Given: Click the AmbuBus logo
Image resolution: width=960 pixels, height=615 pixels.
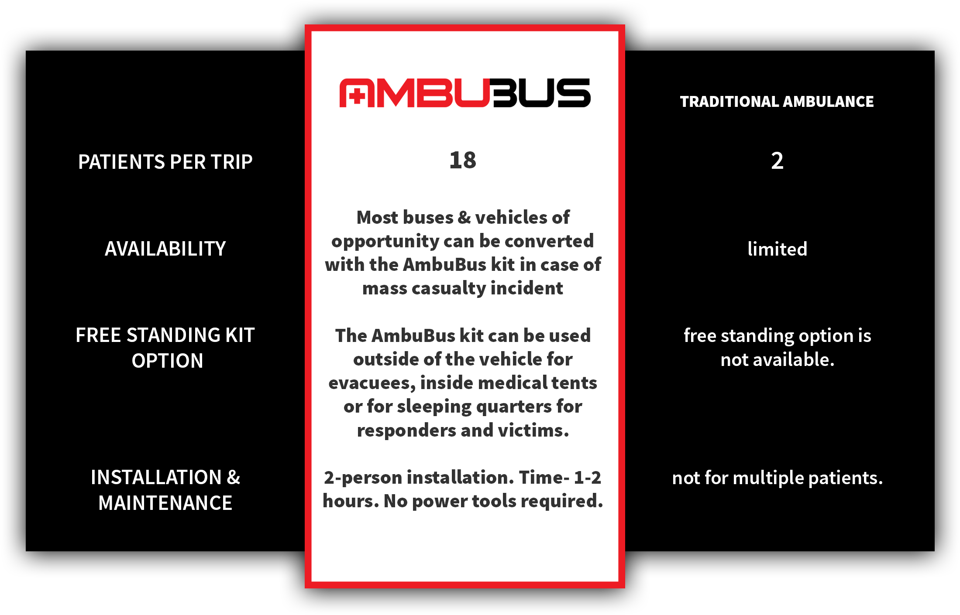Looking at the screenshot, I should (x=465, y=92).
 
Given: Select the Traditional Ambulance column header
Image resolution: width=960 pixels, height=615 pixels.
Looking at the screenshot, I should (x=777, y=102).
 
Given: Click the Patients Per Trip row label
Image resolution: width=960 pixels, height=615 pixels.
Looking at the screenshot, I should (x=165, y=162).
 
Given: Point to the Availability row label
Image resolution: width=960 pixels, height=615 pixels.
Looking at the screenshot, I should (x=165, y=249).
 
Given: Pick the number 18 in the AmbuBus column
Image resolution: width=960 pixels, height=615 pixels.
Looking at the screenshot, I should (x=463, y=160).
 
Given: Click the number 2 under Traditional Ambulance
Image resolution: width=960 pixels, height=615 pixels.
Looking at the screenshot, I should (x=777, y=161).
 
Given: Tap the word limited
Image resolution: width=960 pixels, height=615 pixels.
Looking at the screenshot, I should (x=777, y=249).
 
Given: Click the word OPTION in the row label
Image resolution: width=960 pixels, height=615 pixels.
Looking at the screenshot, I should (x=167, y=361).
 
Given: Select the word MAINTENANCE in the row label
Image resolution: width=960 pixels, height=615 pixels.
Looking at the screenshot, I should (x=165, y=503).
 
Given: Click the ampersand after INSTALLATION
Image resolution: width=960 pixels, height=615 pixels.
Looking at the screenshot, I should (x=234, y=477).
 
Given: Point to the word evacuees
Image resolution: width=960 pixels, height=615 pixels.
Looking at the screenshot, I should (x=372, y=383).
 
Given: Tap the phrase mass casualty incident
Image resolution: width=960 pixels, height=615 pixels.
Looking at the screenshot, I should (x=463, y=288).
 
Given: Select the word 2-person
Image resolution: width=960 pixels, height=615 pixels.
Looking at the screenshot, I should (x=363, y=478).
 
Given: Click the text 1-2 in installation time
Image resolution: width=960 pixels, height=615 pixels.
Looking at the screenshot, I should (x=587, y=478).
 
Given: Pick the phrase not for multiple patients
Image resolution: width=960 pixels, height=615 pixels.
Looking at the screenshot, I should (x=777, y=478).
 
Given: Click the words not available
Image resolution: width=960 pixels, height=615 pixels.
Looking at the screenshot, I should (x=777, y=360).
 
